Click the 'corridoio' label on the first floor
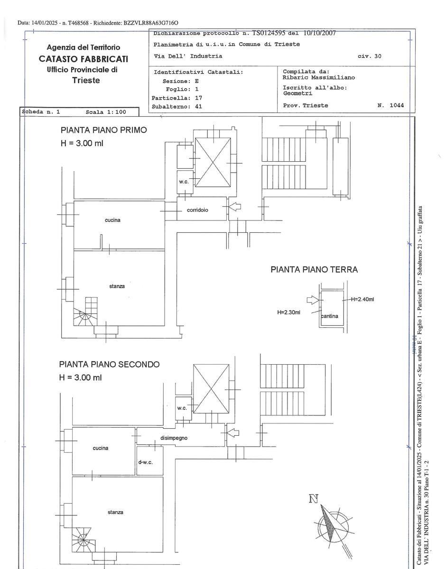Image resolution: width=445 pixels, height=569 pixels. [x=197, y=210]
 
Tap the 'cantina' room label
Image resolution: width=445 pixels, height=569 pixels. [x=330, y=316]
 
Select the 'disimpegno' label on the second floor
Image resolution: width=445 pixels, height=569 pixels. [x=174, y=438]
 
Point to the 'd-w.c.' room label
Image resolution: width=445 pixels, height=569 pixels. [x=145, y=462]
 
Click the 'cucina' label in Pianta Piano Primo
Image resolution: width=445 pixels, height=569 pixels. [x=112, y=220]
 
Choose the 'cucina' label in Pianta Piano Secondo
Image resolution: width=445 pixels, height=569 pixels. [x=101, y=448]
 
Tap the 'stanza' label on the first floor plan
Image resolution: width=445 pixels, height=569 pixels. [x=117, y=286]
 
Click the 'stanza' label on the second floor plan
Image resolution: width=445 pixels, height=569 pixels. [x=115, y=512]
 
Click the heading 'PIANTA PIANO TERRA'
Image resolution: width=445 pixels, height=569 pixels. [x=314, y=270]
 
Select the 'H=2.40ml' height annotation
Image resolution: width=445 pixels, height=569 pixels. [x=363, y=299]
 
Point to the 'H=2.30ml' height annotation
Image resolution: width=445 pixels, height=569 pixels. [x=288, y=312]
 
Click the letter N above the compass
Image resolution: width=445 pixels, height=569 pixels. [x=313, y=498]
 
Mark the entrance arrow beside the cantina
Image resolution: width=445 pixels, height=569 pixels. [x=311, y=299]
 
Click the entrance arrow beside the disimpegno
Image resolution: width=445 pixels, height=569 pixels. [x=233, y=432]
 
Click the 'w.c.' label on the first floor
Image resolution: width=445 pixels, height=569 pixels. [x=184, y=182]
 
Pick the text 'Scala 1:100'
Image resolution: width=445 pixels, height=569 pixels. [x=106, y=112]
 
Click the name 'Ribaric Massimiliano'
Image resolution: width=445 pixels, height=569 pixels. [x=318, y=77]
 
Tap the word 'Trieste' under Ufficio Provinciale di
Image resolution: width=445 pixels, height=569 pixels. [x=86, y=80]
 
